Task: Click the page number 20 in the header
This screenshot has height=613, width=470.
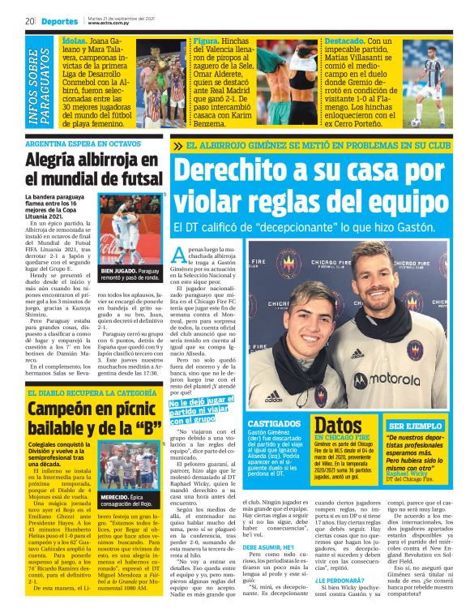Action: coord(28,20)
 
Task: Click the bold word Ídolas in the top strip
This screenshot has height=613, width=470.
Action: coord(75,39)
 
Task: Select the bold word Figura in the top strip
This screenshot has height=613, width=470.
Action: coord(208,39)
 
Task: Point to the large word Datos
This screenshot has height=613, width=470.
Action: coord(337,427)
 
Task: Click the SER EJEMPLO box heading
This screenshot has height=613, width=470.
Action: coord(416,425)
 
